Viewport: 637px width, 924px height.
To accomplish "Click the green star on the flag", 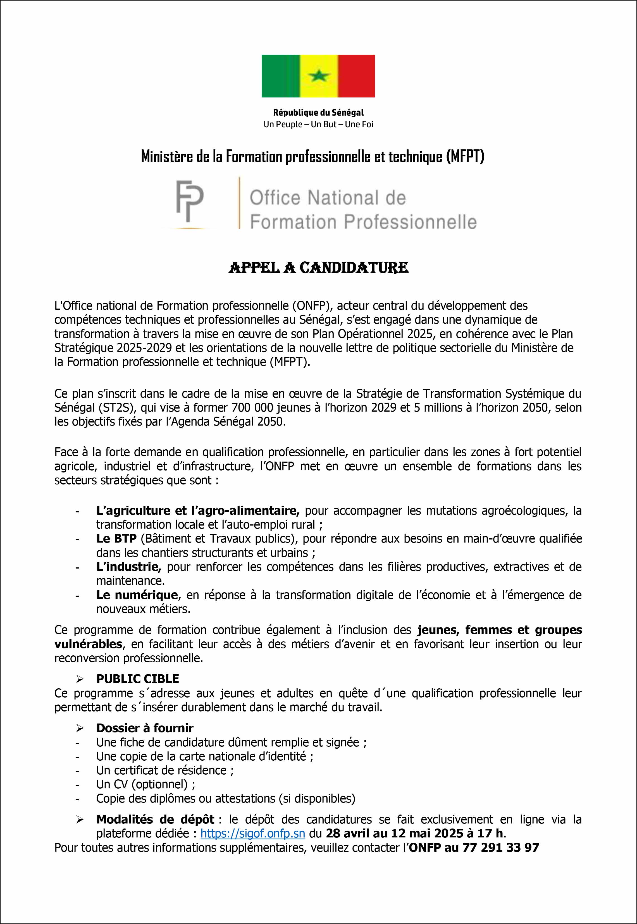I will coord(318,75).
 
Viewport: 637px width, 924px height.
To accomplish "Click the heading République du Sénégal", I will coord(318,113).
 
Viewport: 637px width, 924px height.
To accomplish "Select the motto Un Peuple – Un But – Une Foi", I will coord(318,125).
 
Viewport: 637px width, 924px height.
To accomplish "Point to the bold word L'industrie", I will coord(128,567).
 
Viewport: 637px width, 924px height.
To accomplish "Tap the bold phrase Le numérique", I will coord(137,595).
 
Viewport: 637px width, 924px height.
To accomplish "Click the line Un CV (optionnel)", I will coord(146,784).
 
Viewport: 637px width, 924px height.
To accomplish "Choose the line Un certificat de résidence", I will coord(165,770).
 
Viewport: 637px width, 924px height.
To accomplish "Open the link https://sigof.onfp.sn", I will coord(253,834).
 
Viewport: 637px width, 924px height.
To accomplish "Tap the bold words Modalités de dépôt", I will coord(155,820).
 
